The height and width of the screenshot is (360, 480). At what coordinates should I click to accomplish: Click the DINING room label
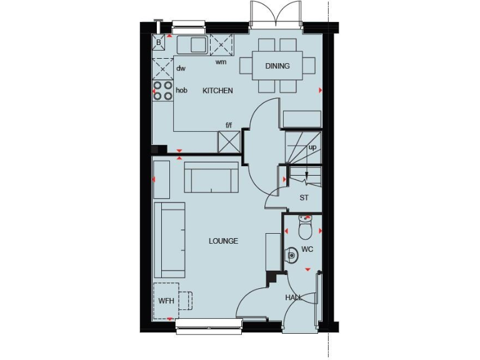277,66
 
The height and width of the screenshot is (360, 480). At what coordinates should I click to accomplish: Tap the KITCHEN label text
217,91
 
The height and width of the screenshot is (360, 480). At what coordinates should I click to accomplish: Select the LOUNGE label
223,241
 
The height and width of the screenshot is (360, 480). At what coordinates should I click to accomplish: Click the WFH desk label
166,301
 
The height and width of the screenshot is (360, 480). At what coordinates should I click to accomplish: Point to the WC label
307,249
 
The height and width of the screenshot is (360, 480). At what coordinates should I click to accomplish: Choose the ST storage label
304,197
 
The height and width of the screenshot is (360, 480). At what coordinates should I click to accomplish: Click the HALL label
294,297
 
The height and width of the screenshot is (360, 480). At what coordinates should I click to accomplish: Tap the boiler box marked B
159,42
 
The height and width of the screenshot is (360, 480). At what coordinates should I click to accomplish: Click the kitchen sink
192,45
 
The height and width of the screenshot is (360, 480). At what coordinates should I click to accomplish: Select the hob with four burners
163,91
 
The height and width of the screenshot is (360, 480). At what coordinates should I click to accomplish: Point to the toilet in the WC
305,229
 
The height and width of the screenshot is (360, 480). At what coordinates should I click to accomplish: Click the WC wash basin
291,255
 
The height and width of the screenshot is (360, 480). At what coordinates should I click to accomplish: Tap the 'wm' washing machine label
221,62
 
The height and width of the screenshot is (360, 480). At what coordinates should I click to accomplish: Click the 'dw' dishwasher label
181,69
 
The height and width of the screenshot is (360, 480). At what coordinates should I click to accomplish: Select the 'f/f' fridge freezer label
229,125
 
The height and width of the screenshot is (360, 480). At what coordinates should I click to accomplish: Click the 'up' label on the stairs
312,147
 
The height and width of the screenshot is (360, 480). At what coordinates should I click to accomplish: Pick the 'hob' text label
181,91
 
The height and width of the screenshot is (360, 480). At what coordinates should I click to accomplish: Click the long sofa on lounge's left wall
169,240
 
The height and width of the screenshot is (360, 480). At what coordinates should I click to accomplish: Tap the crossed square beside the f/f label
228,141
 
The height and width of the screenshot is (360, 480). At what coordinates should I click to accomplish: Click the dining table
277,66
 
